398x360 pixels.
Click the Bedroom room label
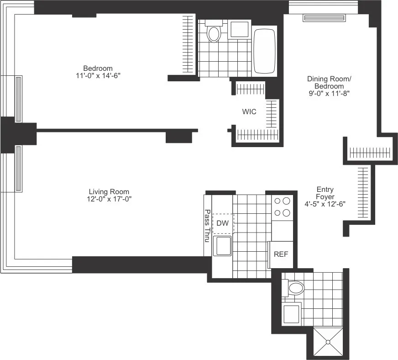coord(98,68)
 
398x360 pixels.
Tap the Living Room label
coord(109,192)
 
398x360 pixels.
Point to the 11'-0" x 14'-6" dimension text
coord(98,75)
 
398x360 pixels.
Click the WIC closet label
coord(249,111)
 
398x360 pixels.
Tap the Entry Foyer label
coord(325,193)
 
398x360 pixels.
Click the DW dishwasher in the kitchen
coord(222,223)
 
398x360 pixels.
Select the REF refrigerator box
coord(280,254)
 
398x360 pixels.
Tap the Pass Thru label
coord(207,226)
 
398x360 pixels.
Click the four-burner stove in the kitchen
coord(282,206)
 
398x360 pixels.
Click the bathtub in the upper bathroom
coord(264,51)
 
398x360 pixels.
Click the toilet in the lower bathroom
coord(294,287)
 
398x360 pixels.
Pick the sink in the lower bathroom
coord(292,314)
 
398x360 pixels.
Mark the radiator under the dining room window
coord(325,18)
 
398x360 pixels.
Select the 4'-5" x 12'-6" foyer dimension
coord(325,204)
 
